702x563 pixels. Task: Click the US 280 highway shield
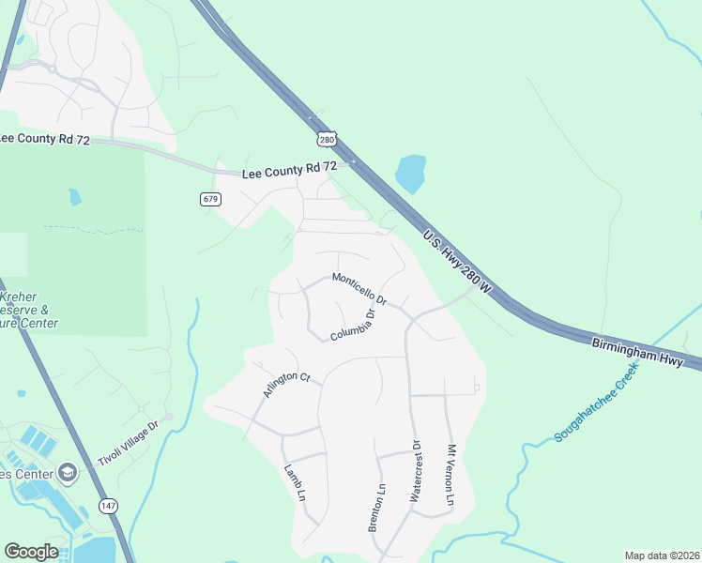point(326,139)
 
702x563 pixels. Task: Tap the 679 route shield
point(209,199)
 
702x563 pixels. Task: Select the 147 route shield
point(109,504)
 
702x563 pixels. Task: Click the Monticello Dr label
point(359,287)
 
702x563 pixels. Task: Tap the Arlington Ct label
point(286,384)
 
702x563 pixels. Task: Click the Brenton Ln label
point(376,508)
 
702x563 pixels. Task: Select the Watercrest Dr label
point(415,472)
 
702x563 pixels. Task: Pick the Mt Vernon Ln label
point(450,476)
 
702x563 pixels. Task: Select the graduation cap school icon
point(67,473)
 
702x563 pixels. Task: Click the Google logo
point(31,552)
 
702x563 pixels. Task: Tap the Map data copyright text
point(661,555)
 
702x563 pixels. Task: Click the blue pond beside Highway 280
point(410,174)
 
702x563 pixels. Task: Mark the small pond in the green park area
point(75,197)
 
